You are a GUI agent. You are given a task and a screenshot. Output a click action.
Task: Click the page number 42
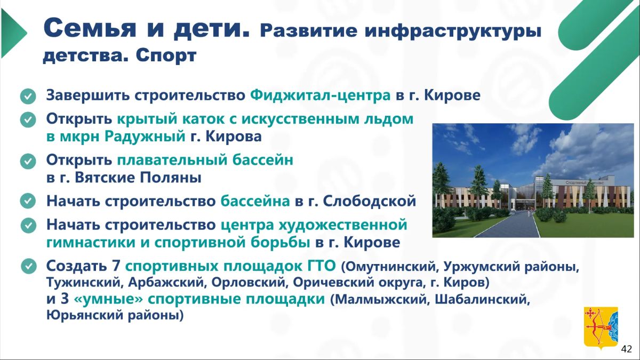[627, 349]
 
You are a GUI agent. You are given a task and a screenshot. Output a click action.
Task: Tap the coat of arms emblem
[601, 329]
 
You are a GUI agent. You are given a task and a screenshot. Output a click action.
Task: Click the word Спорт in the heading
[166, 56]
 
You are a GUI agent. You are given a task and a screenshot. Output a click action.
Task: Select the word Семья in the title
[90, 28]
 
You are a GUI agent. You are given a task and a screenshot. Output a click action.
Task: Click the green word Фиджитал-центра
[321, 95]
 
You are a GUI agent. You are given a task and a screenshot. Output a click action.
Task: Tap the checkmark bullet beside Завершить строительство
[28, 96]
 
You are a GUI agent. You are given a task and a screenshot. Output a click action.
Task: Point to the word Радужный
[145, 137]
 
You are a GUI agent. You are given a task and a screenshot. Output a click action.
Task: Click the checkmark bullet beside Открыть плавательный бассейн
[28, 161]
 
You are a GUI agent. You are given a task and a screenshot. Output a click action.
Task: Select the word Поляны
[171, 178]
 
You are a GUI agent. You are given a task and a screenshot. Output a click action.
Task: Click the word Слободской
[370, 201]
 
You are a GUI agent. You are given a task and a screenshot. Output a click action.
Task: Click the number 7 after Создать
[115, 266]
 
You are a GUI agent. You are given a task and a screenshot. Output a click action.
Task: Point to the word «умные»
[108, 299]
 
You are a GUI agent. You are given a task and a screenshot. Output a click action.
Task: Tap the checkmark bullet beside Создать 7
[29, 267]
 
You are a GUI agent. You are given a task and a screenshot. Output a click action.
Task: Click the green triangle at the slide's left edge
[13, 33]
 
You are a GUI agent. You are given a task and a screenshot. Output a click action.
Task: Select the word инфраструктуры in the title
[453, 31]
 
